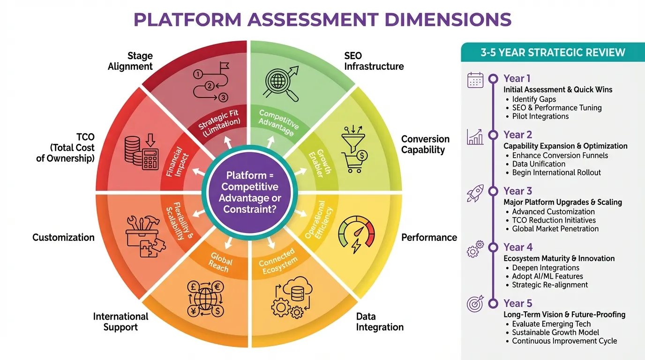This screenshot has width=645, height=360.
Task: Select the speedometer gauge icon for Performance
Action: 356,231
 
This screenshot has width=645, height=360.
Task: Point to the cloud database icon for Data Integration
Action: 292,297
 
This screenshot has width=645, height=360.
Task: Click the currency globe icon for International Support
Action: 205,298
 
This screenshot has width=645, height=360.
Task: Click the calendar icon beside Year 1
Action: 475,80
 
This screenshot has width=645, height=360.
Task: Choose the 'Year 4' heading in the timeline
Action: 517,247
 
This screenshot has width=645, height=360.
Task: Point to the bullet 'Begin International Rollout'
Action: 556,172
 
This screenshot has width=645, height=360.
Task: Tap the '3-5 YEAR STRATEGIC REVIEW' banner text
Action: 553,52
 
